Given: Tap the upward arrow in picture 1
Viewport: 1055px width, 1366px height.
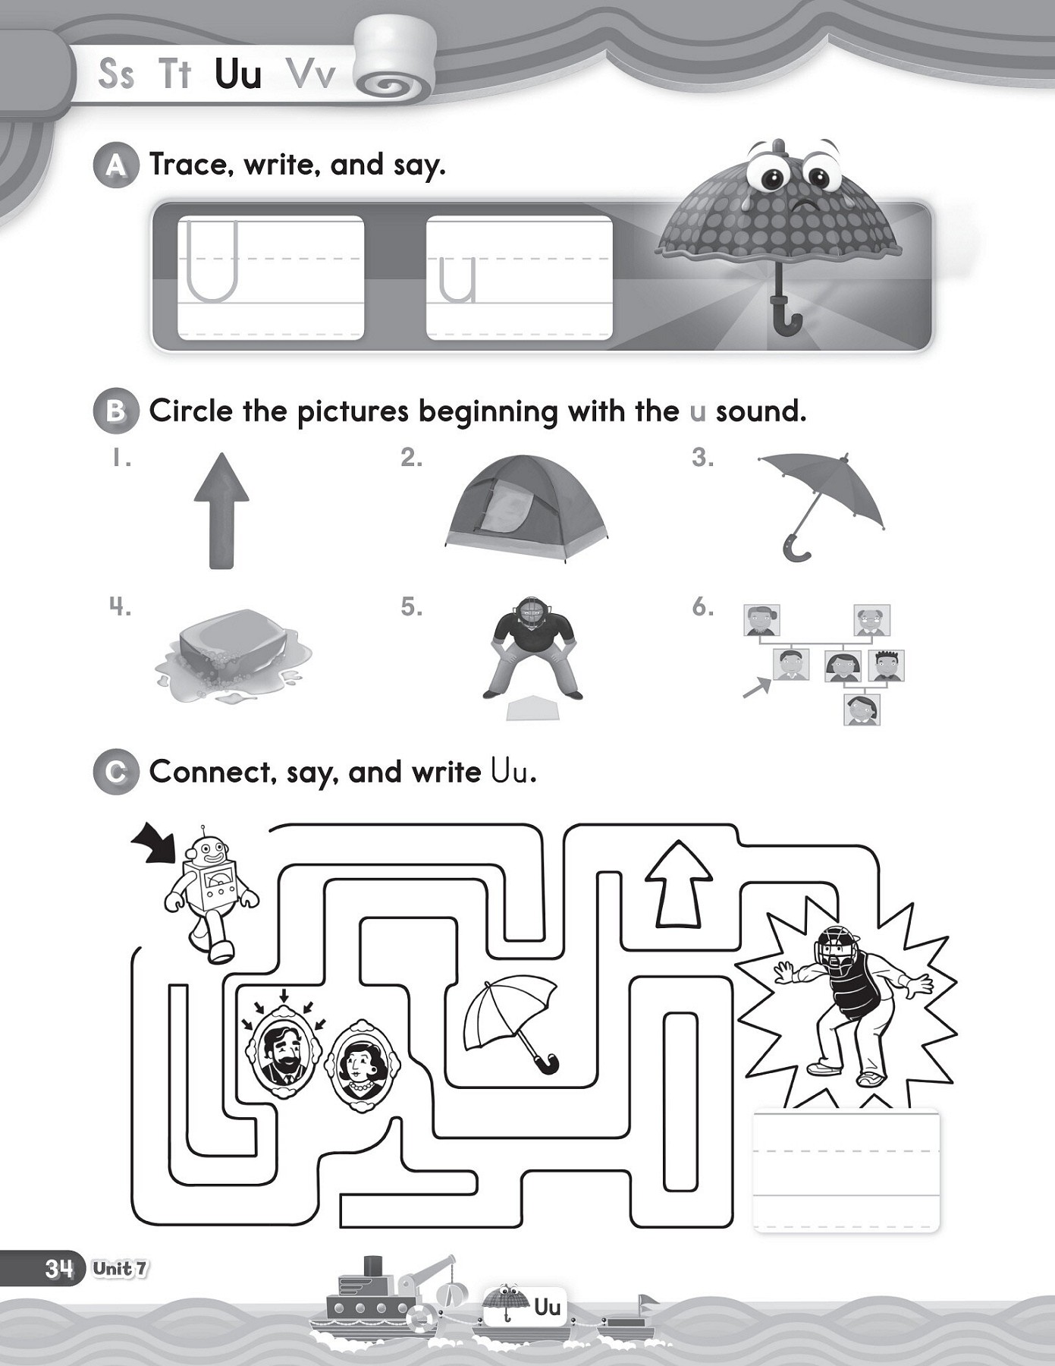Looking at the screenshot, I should click(x=221, y=510).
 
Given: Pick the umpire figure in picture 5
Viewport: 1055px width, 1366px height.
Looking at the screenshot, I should click(x=532, y=646).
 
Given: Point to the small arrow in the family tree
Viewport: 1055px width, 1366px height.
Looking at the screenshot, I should click(x=756, y=688).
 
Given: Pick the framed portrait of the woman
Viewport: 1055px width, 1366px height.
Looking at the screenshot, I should click(x=363, y=1066).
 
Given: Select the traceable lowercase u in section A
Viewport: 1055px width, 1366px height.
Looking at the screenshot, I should click(x=457, y=279).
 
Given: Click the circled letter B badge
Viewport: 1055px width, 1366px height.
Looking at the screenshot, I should click(x=115, y=411).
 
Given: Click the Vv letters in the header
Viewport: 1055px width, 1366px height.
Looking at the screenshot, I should click(x=311, y=74).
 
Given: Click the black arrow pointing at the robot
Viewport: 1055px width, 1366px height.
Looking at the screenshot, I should click(x=154, y=845).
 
